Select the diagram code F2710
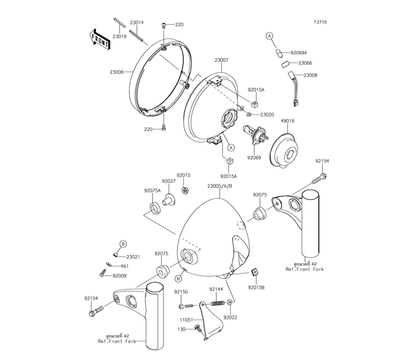click(x=320, y=22)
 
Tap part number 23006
click(x=117, y=72)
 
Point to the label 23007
click(x=221, y=60)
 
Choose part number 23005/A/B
click(x=220, y=186)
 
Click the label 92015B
click(x=256, y=288)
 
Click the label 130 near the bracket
click(x=181, y=329)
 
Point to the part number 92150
click(x=181, y=292)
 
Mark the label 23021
click(x=133, y=257)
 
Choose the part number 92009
click(x=119, y=276)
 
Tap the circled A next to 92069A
click(x=269, y=36)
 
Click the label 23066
click(x=305, y=63)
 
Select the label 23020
click(x=267, y=115)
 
